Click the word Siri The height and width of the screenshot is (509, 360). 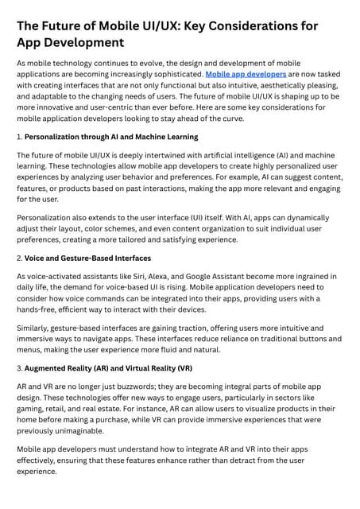point(150,276)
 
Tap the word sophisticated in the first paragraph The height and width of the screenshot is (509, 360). point(174,75)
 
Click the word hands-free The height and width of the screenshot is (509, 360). point(40,309)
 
